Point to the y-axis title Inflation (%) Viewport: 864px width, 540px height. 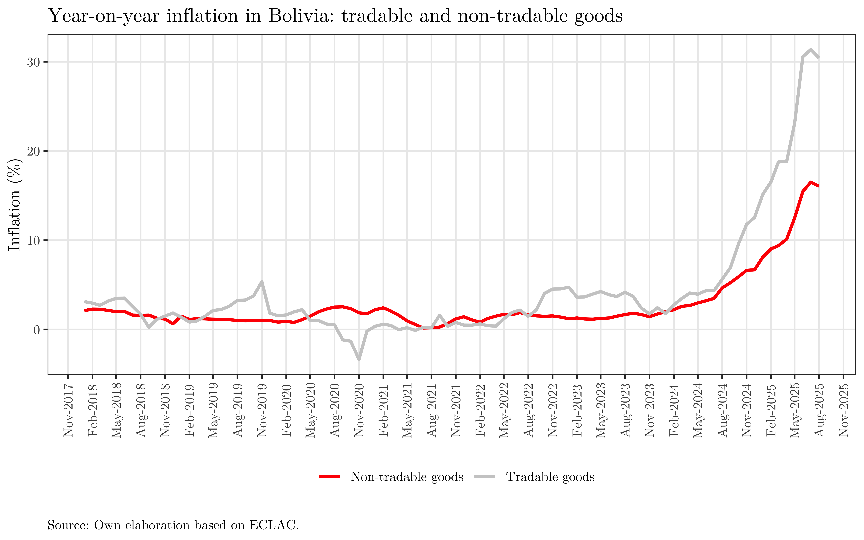click(15, 205)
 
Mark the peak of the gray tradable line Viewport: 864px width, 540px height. click(811, 50)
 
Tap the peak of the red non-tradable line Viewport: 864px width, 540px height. click(811, 182)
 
